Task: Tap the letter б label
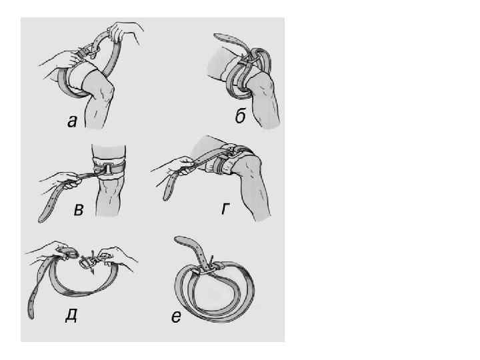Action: click(x=241, y=116)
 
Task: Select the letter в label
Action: click(x=79, y=210)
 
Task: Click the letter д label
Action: click(x=71, y=315)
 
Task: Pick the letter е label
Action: click(x=176, y=317)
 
